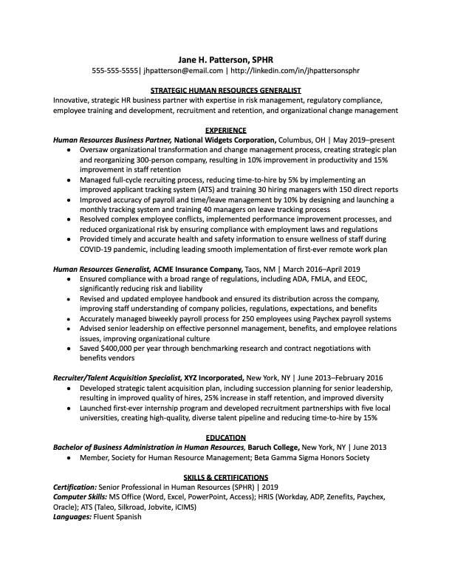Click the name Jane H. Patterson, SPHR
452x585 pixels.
pyautogui.click(x=226, y=58)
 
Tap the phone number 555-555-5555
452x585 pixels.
pyautogui.click(x=116, y=71)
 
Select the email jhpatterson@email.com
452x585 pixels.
pyautogui.click(x=183, y=71)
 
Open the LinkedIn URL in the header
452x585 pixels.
pyautogui.click(x=295, y=71)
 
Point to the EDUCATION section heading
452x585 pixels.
pyautogui.click(x=226, y=437)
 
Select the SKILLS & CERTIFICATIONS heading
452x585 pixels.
pyautogui.click(x=226, y=477)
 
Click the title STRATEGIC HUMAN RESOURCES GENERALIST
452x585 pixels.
pyautogui.click(x=226, y=89)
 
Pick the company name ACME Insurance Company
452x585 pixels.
pyautogui.click(x=194, y=270)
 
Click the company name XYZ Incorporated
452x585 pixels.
pyautogui.click(x=208, y=377)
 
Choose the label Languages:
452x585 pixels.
pyautogui.click(x=72, y=517)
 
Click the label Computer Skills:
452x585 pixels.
pyautogui.click(x=79, y=498)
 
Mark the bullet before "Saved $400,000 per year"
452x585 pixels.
pyautogui.click(x=68, y=349)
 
